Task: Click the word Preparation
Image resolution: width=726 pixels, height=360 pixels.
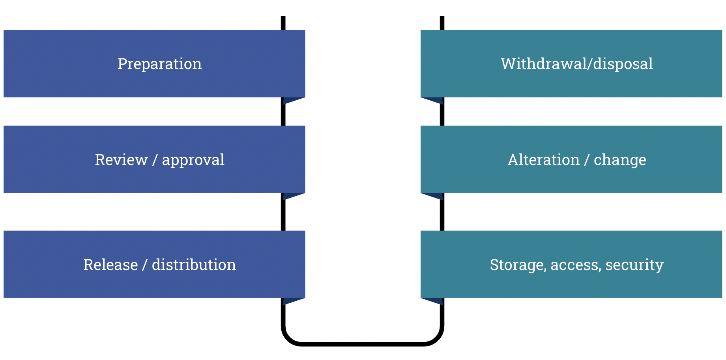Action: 159,64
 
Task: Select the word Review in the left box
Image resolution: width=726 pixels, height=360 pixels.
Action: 121,160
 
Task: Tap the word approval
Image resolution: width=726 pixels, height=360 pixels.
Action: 193,160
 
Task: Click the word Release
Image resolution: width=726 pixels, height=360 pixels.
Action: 110,265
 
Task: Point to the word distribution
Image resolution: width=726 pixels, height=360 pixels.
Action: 194,265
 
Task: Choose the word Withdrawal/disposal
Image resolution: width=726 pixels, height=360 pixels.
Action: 576,64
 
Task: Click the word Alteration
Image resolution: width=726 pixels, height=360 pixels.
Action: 543,160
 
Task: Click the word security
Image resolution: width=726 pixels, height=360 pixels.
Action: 634,265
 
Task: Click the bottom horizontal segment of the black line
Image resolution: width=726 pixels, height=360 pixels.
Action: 362,344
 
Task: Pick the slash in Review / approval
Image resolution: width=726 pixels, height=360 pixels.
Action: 155,160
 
